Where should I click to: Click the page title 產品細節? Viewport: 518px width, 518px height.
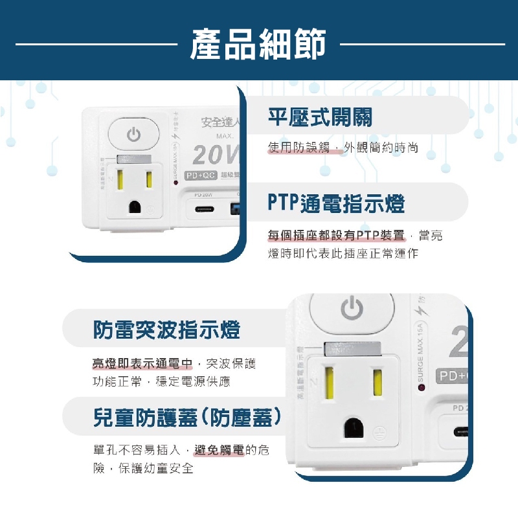[x=258, y=44]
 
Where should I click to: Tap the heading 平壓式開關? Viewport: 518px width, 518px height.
[x=320, y=117]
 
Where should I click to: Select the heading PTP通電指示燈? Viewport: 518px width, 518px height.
[x=336, y=203]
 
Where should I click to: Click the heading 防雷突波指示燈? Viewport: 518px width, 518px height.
[x=166, y=330]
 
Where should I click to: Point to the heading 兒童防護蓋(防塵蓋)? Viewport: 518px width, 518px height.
[x=187, y=417]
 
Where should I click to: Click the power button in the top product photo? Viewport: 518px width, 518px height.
[x=133, y=135]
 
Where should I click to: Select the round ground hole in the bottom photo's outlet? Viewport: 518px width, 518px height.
[x=354, y=427]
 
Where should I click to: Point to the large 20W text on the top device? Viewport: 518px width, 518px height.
[x=214, y=155]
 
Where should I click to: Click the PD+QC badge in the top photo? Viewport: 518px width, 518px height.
[x=200, y=175]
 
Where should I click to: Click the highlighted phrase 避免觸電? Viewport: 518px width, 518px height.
[x=219, y=451]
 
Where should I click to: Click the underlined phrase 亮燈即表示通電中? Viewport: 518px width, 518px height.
[x=143, y=364]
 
